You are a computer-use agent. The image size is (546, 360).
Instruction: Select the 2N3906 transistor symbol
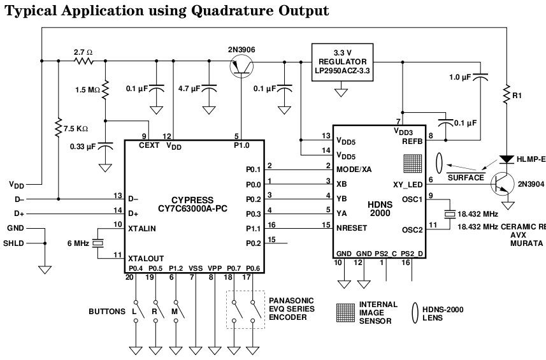click(x=241, y=66)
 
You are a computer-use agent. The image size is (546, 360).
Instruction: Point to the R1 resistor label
click(x=518, y=96)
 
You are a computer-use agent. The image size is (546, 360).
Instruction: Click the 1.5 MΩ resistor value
click(x=88, y=90)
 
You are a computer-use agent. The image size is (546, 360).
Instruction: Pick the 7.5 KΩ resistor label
click(x=80, y=128)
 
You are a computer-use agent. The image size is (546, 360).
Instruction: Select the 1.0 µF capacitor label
click(x=459, y=77)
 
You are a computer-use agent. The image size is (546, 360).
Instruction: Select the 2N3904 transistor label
click(x=530, y=184)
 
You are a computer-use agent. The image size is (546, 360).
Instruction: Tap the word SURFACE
click(x=466, y=178)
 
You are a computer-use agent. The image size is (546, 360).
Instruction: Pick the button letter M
click(x=174, y=312)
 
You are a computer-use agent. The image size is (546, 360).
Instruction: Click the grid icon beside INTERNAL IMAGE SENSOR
click(x=345, y=312)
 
